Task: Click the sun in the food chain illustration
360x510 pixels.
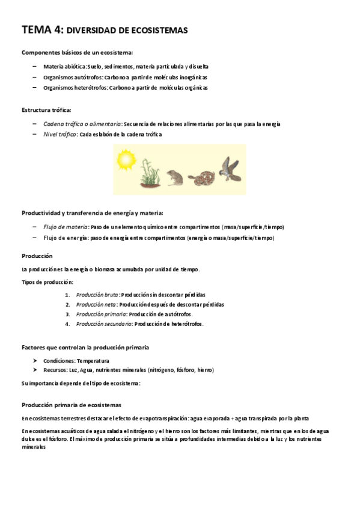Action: click(x=127, y=159)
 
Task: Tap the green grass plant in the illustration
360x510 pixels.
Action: click(x=150, y=173)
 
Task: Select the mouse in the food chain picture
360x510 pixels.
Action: click(x=174, y=175)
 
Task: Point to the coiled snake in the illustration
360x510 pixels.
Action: click(x=200, y=177)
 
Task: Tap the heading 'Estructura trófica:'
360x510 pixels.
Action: click(x=46, y=110)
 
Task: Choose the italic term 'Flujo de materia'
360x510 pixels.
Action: click(x=66, y=227)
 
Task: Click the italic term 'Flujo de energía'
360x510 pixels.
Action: click(x=66, y=238)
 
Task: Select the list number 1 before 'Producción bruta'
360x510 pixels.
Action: click(x=67, y=295)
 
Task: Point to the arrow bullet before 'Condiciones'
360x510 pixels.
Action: click(x=37, y=360)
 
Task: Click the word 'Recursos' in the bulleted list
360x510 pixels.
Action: click(x=56, y=370)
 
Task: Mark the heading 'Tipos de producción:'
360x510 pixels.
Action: click(x=47, y=281)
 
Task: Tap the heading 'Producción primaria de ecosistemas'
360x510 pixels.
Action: click(x=72, y=405)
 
